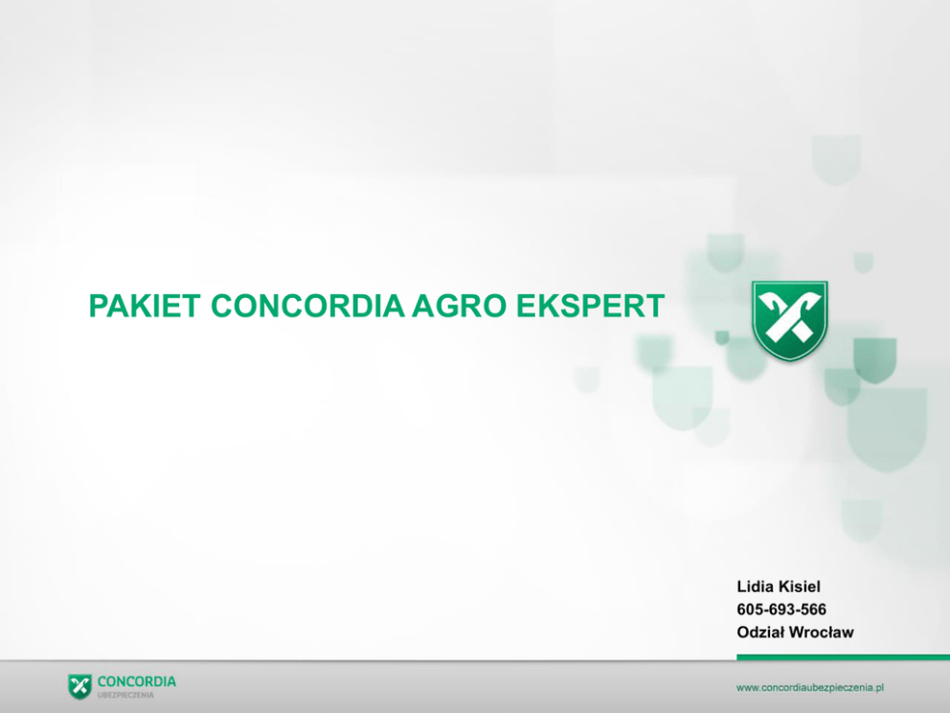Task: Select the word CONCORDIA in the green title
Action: (x=307, y=306)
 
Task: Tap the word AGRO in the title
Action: (x=459, y=306)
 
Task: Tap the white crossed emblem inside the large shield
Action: (x=790, y=315)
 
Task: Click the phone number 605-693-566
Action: (x=781, y=609)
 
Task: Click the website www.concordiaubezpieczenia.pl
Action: (x=810, y=687)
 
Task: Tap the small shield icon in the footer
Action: (x=80, y=686)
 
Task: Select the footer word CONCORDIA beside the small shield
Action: (x=137, y=681)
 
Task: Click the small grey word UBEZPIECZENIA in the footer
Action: (x=125, y=696)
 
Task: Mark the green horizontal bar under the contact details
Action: (x=844, y=656)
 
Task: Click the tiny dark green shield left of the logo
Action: (x=721, y=337)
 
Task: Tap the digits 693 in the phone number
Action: (x=782, y=609)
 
